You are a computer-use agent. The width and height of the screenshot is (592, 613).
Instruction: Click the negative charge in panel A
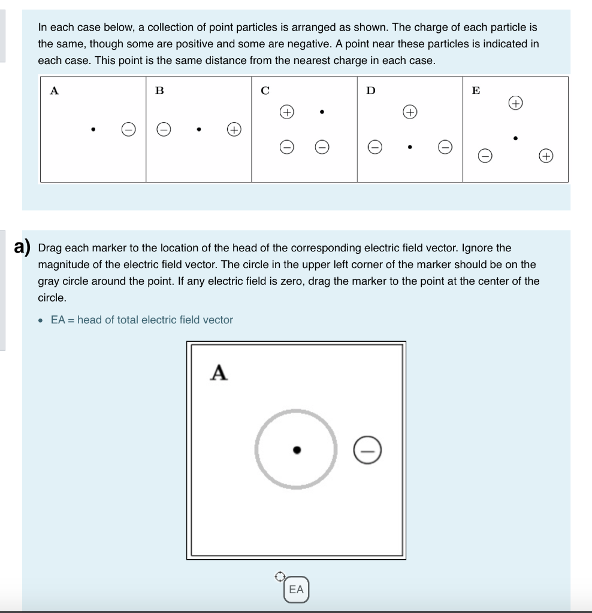(x=127, y=129)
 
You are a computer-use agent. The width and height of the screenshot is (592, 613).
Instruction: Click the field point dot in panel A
(x=93, y=129)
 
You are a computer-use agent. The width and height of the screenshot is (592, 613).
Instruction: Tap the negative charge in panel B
(x=164, y=129)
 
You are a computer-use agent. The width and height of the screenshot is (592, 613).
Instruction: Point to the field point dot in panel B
(x=198, y=129)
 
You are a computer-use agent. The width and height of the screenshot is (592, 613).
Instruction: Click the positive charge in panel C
(x=287, y=112)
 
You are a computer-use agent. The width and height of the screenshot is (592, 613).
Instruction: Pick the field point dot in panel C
(x=322, y=111)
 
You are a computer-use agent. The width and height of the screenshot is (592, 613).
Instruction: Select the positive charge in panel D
(x=410, y=112)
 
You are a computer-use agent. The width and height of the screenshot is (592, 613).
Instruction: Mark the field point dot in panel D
(x=409, y=146)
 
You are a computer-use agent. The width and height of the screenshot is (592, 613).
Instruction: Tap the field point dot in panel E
(x=515, y=138)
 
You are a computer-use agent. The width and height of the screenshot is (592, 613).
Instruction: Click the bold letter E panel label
(x=476, y=91)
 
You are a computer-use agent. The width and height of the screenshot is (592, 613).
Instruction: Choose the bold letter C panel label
(x=265, y=91)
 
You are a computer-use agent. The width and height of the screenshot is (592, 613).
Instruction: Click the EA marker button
(x=297, y=590)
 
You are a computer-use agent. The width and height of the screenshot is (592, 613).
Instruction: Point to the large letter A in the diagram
(x=219, y=373)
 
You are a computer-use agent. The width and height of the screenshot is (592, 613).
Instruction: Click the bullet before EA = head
(x=41, y=320)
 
